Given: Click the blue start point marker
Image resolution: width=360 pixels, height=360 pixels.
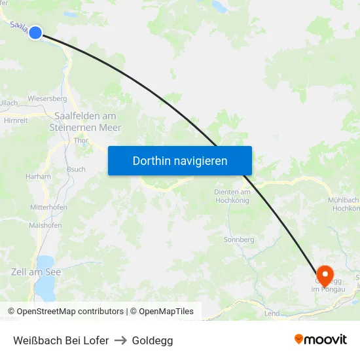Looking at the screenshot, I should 35,32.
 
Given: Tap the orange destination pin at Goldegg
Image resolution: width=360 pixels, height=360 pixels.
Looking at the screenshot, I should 324,274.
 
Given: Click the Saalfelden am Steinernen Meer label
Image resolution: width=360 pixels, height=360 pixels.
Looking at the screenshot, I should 86,122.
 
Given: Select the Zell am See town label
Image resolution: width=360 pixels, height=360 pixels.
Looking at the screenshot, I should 36,272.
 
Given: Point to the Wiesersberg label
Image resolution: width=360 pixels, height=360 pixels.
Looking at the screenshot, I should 47,99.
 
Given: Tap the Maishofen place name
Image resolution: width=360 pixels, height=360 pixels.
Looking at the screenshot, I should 45,225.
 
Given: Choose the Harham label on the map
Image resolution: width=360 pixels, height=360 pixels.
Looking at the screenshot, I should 38,177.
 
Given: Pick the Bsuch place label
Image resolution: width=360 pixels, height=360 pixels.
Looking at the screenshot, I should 76,169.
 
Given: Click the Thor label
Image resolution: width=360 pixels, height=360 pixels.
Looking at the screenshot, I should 81,140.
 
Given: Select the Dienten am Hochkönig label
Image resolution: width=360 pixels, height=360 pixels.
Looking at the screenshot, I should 232,196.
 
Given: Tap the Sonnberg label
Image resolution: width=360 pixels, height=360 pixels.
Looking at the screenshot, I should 239,240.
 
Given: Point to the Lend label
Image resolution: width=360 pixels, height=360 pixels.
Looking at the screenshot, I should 272,314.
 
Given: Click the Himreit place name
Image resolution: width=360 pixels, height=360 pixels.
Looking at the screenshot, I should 16,120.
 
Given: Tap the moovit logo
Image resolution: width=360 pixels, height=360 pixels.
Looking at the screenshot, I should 320,340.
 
